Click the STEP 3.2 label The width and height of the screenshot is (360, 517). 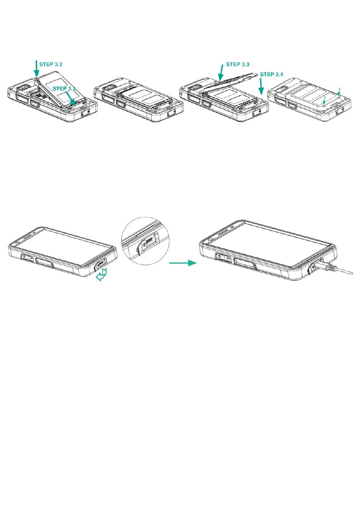pos(51,64)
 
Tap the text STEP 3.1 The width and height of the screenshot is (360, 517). pos(64,89)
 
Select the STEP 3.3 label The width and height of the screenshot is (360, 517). pos(238,64)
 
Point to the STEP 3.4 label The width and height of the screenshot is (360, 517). pos(272,74)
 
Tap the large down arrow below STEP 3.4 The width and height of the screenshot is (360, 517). pos(261,87)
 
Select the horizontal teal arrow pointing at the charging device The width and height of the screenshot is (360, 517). pos(183,263)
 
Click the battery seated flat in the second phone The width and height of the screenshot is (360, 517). pos(144,98)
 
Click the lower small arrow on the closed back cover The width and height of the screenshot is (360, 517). pos(324,100)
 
